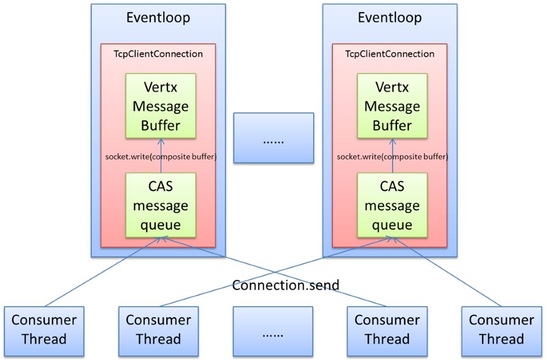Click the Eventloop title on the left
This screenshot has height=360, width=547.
pyautogui.click(x=158, y=18)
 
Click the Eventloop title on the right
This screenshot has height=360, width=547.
pyautogui.click(x=390, y=18)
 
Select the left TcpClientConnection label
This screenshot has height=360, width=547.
pyautogui.click(x=158, y=54)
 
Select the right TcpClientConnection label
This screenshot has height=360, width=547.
pyautogui.click(x=390, y=54)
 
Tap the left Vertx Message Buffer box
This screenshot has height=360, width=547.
pyautogui.click(x=160, y=106)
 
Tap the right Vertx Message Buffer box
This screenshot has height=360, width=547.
pyautogui.click(x=392, y=106)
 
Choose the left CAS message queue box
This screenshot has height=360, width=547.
pyautogui.click(x=160, y=205)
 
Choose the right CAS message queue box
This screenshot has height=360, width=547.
pyautogui.click(x=392, y=205)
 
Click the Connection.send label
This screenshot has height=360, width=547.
pyautogui.click(x=286, y=285)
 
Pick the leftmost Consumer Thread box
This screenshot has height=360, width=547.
pyautogui.click(x=44, y=330)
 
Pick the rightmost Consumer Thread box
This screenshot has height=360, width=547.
pyautogui.click(x=502, y=330)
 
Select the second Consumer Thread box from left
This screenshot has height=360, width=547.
pyautogui.click(x=158, y=330)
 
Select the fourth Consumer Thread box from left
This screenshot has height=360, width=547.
pyautogui.click(x=387, y=330)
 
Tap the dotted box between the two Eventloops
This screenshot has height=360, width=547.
pyautogui.click(x=273, y=138)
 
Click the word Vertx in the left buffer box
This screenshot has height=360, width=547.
pyautogui.click(x=160, y=88)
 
